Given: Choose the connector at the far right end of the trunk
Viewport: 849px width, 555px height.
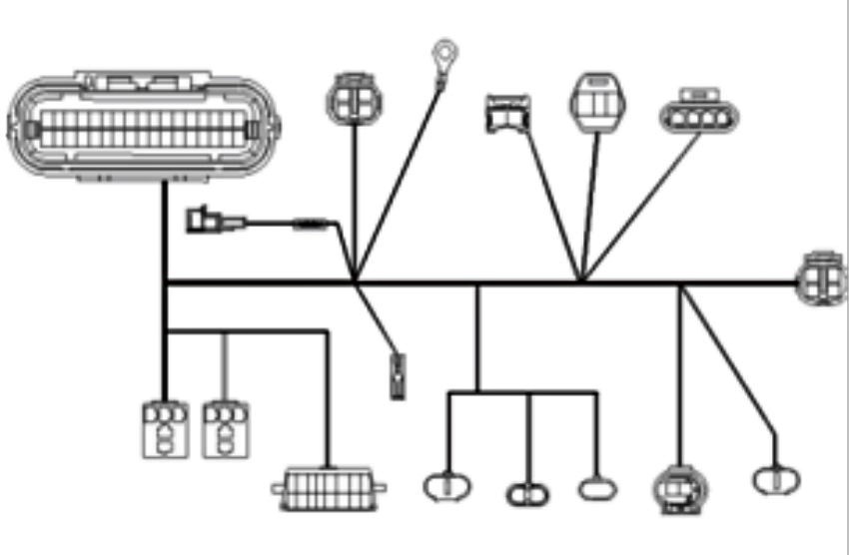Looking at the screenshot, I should pos(823,277).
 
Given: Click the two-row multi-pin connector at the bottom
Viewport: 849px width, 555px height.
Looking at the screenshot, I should pos(329,489).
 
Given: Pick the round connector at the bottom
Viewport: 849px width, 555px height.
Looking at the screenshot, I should pos(680,488).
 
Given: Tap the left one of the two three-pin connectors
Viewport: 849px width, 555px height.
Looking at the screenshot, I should pos(164,429).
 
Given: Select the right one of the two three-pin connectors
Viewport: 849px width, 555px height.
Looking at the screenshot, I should pos(226,429).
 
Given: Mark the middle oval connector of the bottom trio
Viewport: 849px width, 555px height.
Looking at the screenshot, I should pos(527,492).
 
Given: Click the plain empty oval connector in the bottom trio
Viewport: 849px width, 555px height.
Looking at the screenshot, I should pos(597,488).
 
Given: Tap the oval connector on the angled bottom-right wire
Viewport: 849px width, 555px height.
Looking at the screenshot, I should pos(776,480).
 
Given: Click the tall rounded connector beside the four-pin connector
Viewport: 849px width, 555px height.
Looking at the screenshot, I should pos(597,103).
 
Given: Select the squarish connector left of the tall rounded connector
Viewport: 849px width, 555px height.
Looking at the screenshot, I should pos(507,113).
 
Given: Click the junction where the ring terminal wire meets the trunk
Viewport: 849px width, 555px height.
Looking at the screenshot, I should pos(355,280).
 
